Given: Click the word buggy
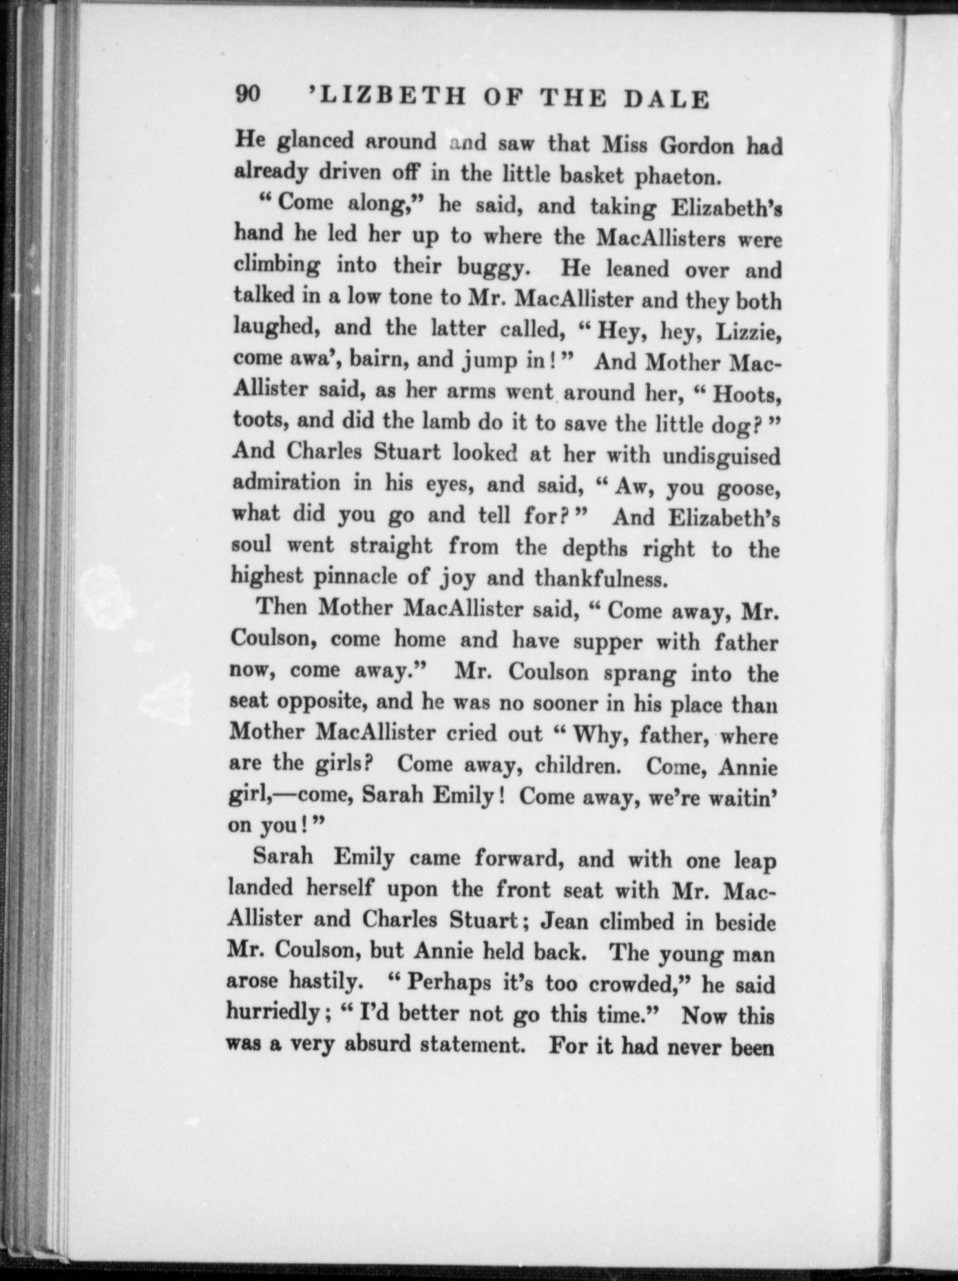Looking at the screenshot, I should tap(493, 268).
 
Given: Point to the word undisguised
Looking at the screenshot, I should tap(720, 457).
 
